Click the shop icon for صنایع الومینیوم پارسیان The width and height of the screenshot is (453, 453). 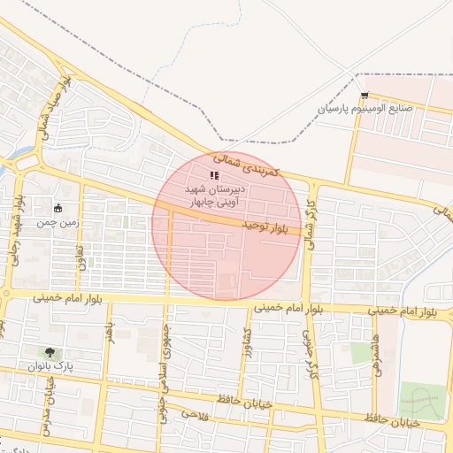pyautogui.click(x=365, y=95)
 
